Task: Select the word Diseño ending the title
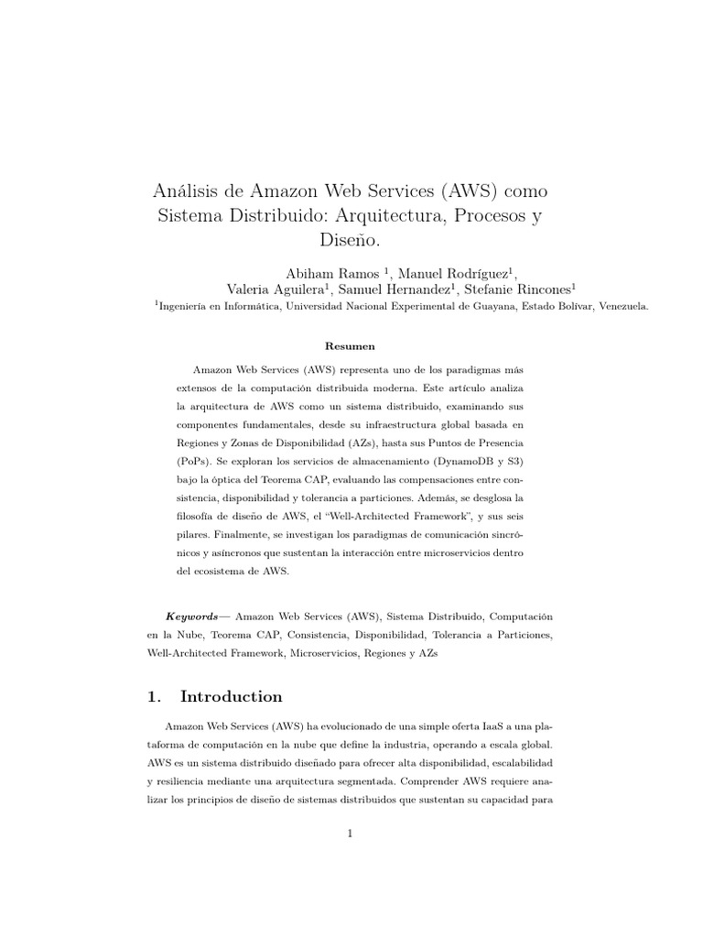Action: click(x=351, y=240)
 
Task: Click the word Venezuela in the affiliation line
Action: click(x=622, y=309)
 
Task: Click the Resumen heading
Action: click(x=351, y=346)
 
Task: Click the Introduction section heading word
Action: click(x=232, y=696)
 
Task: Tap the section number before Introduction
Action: click(x=153, y=696)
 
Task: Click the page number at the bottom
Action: click(x=351, y=834)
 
